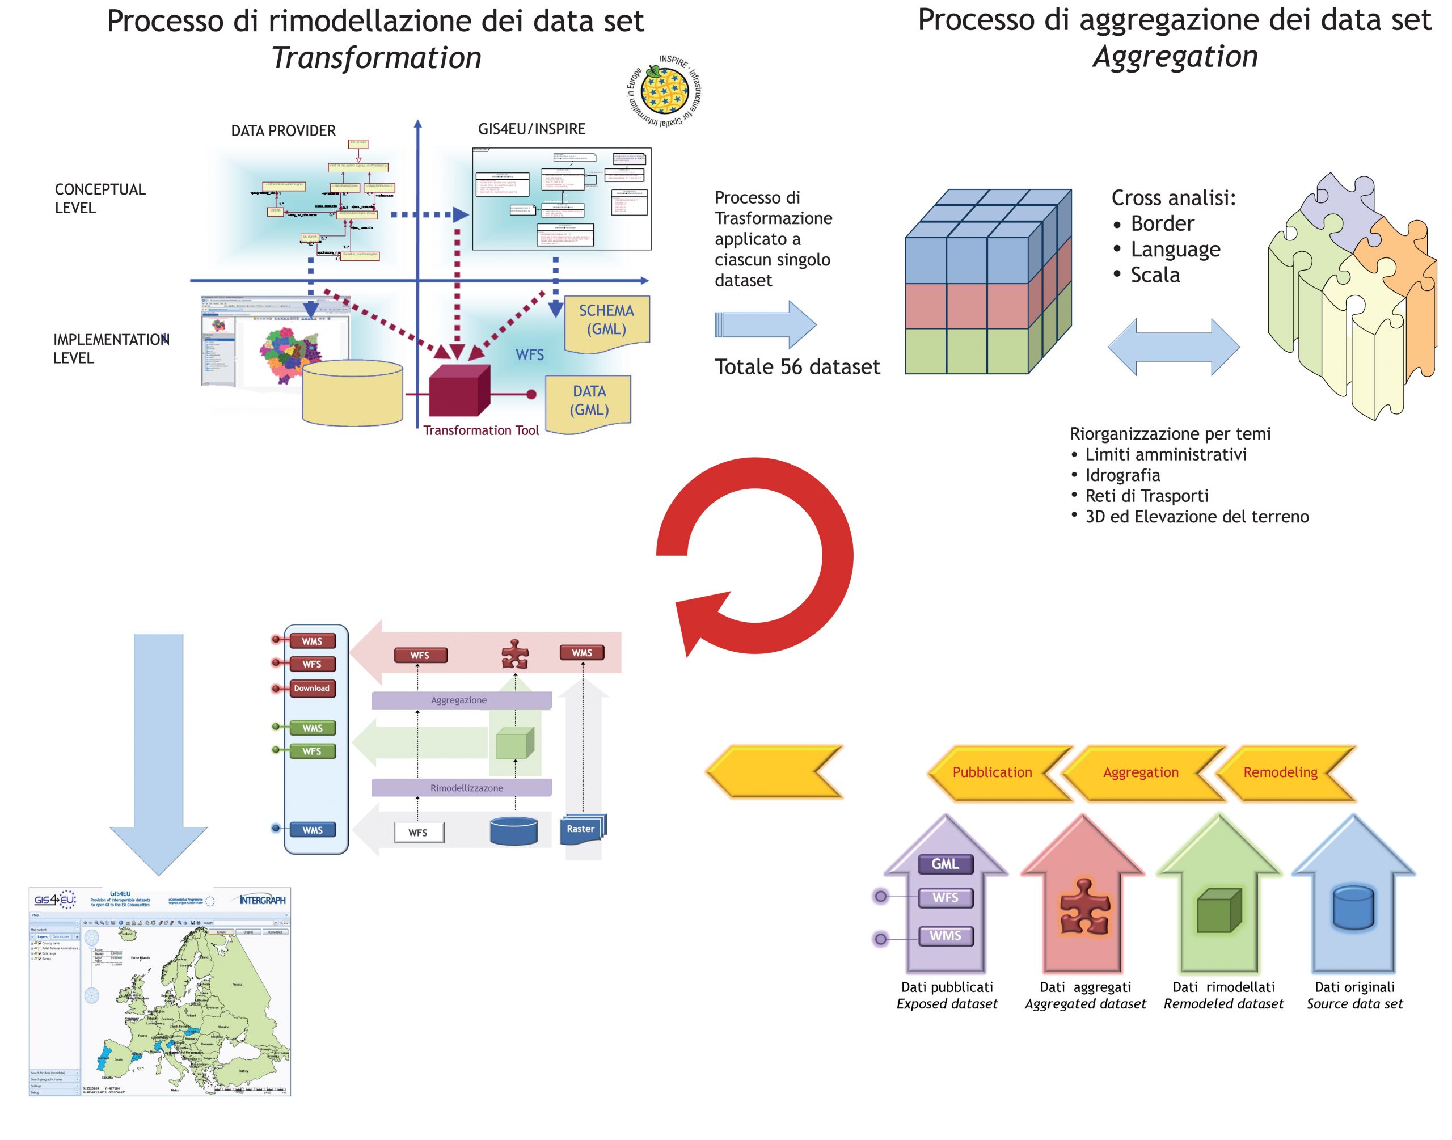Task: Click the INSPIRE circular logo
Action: click(x=664, y=91)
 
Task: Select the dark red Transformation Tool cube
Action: click(x=459, y=392)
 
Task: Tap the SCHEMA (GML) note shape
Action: click(x=606, y=321)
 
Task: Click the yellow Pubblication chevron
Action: click(x=992, y=772)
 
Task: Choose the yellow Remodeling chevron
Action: click(x=1280, y=772)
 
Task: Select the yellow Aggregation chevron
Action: click(x=1141, y=772)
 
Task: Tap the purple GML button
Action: click(x=946, y=864)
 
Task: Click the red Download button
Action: click(x=311, y=688)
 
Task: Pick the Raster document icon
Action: click(x=582, y=829)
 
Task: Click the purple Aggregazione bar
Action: click(x=461, y=700)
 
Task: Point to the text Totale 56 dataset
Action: click(x=797, y=366)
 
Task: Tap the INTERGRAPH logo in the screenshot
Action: click(x=262, y=901)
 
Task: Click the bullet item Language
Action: click(x=1175, y=249)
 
